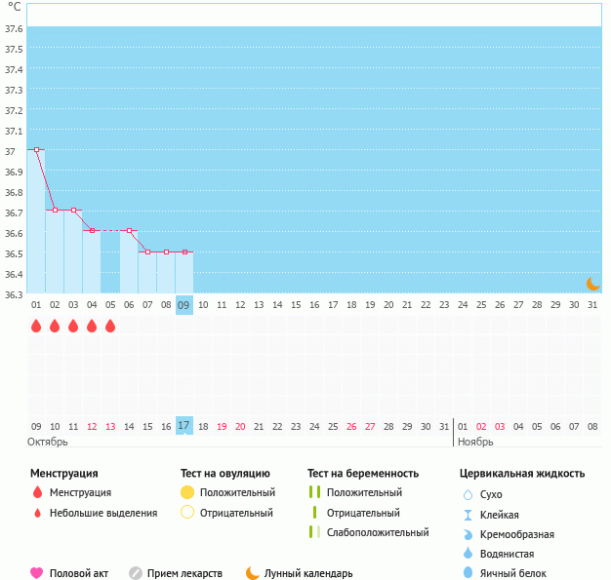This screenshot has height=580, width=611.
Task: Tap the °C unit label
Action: click(14, 8)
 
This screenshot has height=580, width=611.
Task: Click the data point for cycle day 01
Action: click(36, 149)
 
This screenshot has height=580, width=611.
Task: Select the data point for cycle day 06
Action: click(129, 231)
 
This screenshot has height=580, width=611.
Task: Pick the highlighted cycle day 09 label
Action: click(183, 305)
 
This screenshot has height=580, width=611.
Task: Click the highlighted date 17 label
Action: click(183, 425)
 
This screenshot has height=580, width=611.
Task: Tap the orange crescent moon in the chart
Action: click(591, 283)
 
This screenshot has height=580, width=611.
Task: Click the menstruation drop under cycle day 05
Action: click(110, 327)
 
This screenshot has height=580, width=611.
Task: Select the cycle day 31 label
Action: click(591, 305)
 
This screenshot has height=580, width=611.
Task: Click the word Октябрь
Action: click(47, 442)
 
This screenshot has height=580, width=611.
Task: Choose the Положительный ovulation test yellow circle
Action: click(187, 492)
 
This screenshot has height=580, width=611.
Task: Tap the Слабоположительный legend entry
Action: click(378, 532)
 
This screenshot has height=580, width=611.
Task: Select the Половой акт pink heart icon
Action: click(37, 573)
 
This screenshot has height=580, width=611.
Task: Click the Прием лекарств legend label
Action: click(184, 573)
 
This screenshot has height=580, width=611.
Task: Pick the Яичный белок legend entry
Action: click(513, 573)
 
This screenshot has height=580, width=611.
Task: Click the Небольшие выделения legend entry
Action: click(102, 513)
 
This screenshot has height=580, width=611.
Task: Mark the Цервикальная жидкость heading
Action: click(522, 474)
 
